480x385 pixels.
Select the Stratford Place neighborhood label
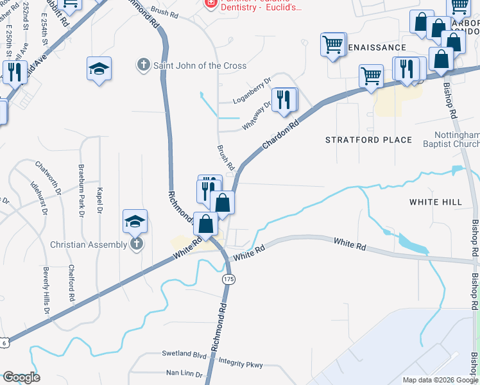coord(368,140)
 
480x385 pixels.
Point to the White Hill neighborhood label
coord(436,202)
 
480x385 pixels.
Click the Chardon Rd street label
coord(280,135)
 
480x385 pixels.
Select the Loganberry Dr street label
coord(252,96)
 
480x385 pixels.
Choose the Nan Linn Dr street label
coord(184,373)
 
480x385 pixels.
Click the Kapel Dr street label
coord(99,200)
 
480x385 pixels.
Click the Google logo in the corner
coord(21,377)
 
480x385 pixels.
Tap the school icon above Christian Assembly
coord(135,222)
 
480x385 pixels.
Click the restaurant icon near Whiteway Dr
coord(284,99)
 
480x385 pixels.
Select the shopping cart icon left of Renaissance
coord(333,45)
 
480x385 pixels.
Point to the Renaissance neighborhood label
coord(377,47)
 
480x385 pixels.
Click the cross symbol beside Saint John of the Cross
coord(143,65)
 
